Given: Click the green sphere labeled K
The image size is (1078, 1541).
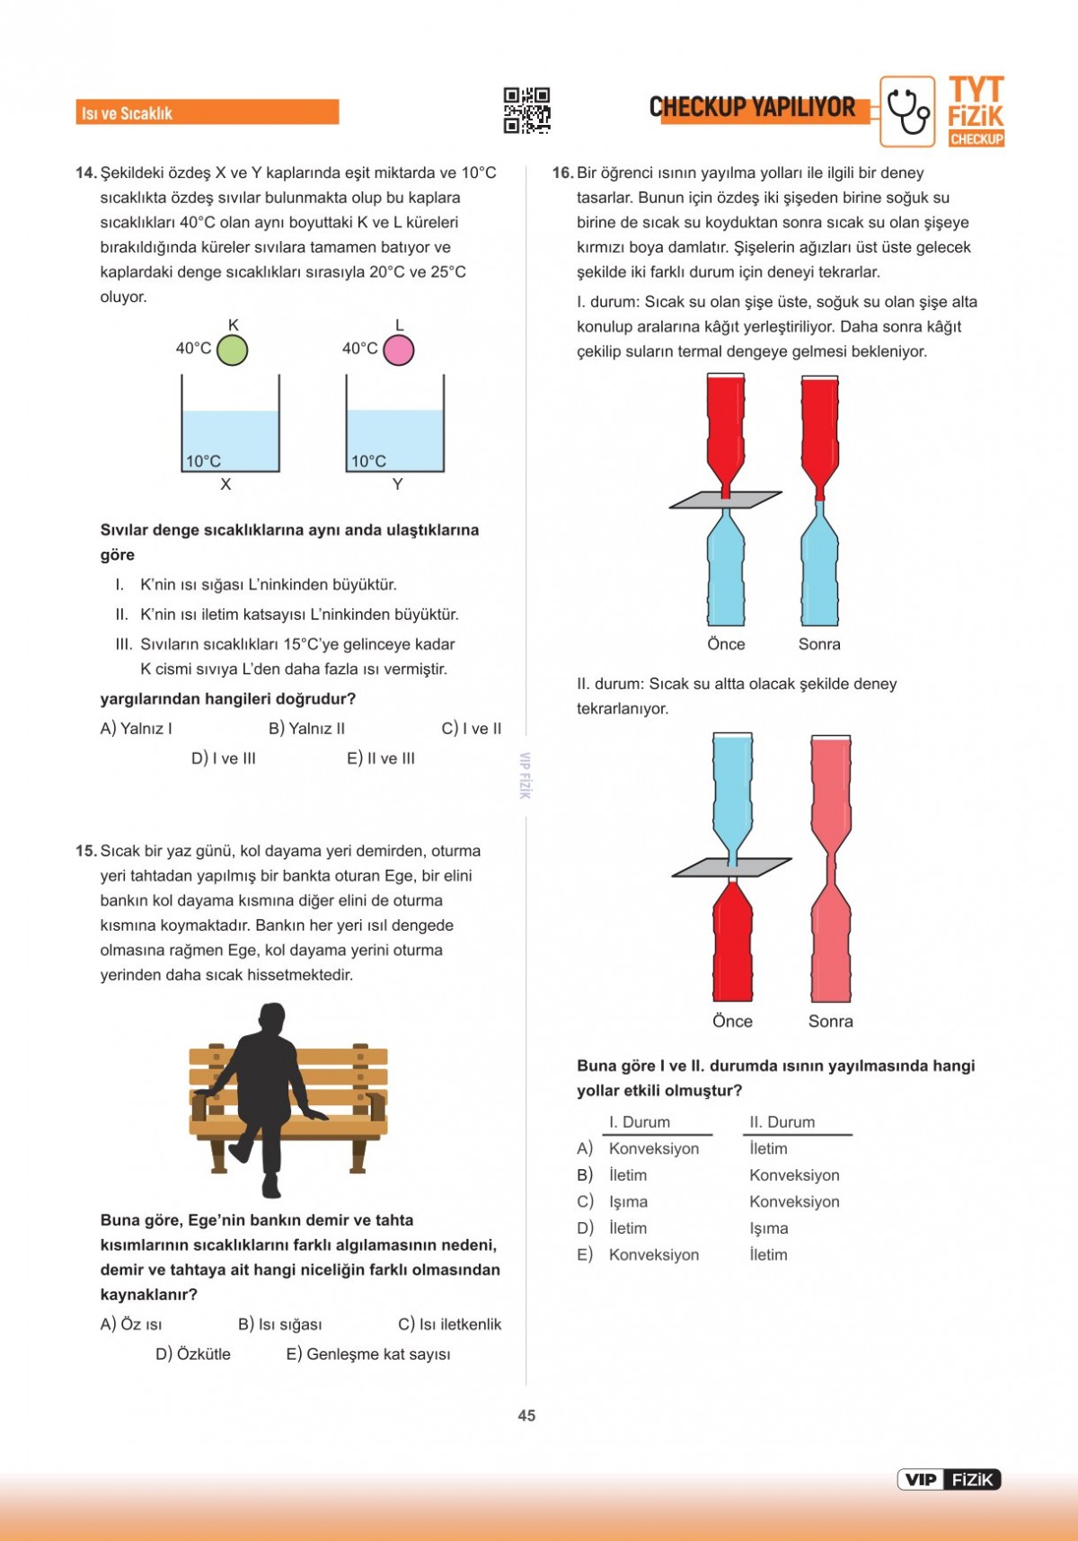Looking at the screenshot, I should click(233, 350).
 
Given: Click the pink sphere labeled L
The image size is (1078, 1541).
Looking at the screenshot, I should click(399, 350).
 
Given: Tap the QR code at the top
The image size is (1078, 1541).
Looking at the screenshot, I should click(526, 111).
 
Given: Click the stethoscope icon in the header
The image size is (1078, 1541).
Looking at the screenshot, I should click(907, 111).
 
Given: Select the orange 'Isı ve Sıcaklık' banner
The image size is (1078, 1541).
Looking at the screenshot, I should click(208, 112).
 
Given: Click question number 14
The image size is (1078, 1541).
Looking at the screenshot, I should click(86, 173).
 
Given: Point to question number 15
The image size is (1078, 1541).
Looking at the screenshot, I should click(86, 851).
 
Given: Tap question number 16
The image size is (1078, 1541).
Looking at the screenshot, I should click(562, 173).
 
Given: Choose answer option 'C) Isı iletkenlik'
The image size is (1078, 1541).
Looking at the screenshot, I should click(449, 1324).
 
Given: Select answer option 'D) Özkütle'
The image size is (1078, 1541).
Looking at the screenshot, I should click(193, 1354).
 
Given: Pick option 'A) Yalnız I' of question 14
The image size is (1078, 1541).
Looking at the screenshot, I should click(137, 729).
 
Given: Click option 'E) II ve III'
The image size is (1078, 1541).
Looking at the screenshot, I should click(381, 758).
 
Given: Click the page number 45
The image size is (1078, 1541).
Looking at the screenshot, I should click(526, 1415).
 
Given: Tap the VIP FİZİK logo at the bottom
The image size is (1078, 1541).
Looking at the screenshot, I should click(949, 1480).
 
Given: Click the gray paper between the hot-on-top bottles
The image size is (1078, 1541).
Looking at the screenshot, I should click(725, 500).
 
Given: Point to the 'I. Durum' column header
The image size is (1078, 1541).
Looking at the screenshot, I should click(640, 1122).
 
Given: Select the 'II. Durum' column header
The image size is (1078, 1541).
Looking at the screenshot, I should click(782, 1122).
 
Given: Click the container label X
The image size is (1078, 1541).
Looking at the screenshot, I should click(225, 484).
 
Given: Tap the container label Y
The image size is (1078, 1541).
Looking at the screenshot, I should click(397, 484).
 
